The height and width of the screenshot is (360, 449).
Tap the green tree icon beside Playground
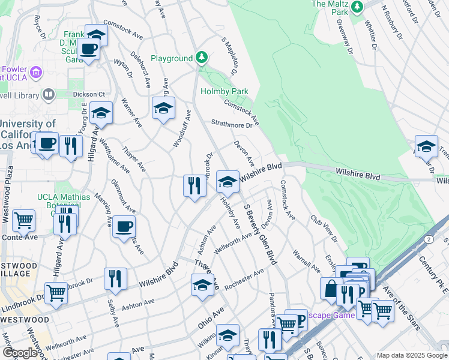pos(202,58)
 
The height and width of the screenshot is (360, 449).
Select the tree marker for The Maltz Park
pos(358,7)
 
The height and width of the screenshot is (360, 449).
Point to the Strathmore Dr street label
pos(232,125)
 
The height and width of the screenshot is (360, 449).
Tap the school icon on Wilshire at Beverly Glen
pos(228,182)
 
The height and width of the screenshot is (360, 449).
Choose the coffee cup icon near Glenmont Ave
pos(124,226)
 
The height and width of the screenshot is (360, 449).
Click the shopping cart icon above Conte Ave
pos(23,220)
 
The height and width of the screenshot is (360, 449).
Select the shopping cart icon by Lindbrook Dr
pos(56,293)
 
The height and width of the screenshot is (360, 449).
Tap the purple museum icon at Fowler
pos(36,72)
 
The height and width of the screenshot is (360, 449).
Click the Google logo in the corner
pos(20,353)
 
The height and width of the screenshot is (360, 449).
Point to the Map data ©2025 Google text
pos(412,355)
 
